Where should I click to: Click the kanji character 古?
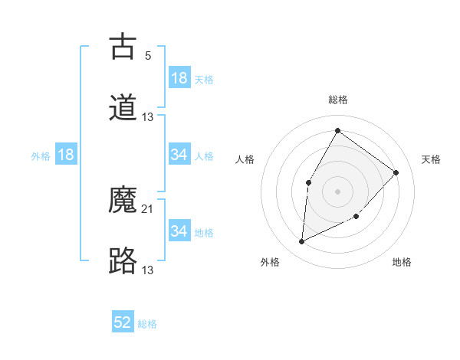click(x=123, y=47)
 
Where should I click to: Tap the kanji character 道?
click(x=123, y=108)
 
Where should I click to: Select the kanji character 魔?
click(x=123, y=201)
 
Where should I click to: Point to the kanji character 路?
click(x=123, y=261)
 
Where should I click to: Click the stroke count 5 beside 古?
click(x=148, y=56)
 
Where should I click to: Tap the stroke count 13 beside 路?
click(x=148, y=270)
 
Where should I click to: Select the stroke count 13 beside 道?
click(x=148, y=116)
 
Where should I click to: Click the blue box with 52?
click(x=123, y=322)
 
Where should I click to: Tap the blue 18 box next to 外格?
click(x=66, y=155)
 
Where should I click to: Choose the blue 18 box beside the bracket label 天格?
click(x=179, y=78)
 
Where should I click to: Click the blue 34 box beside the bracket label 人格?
click(x=179, y=155)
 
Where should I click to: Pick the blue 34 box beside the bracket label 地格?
click(x=179, y=231)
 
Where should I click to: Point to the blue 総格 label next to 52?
click(x=147, y=324)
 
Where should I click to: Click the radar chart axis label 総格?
click(x=337, y=100)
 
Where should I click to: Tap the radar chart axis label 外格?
click(x=270, y=262)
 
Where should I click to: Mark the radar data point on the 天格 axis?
click(x=396, y=172)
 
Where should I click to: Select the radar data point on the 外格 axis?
click(x=302, y=242)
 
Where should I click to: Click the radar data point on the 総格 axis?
click(x=337, y=130)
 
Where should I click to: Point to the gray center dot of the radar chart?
click(x=337, y=191)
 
